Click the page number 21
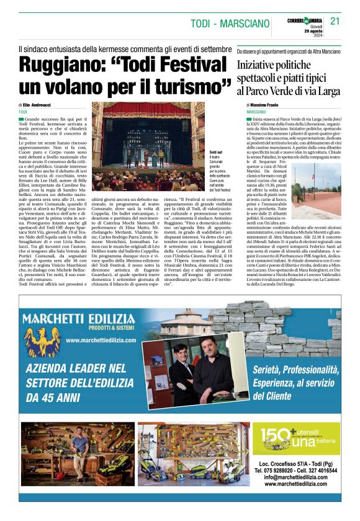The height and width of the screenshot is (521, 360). pos(335,20)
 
